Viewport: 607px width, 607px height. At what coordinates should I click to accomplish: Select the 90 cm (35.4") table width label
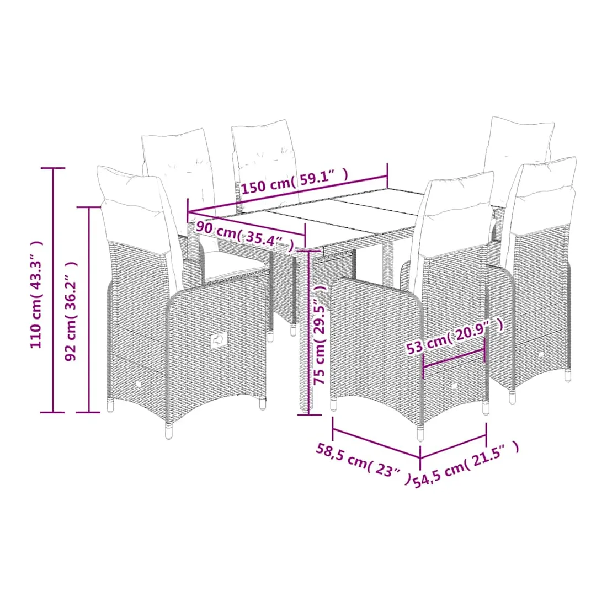(244, 235)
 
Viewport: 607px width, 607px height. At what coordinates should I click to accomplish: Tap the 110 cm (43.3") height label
(36, 294)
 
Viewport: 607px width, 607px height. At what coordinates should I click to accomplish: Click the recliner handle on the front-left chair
(219, 340)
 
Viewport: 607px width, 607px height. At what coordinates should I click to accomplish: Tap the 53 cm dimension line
(454, 358)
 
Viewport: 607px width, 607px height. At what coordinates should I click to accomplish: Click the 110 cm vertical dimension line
(53, 290)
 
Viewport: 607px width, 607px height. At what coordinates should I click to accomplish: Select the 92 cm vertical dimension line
(89, 310)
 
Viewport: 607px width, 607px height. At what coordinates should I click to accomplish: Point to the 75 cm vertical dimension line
(309, 333)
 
